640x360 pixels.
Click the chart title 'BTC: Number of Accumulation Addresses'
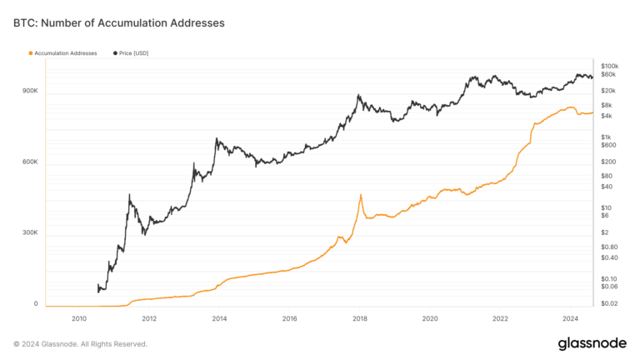(x=119, y=23)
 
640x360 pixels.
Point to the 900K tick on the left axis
(x=30, y=91)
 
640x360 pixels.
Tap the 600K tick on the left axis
(x=30, y=162)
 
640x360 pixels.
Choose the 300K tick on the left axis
(x=30, y=232)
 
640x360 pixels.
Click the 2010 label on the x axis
(x=79, y=318)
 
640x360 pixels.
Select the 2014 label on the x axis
(x=219, y=318)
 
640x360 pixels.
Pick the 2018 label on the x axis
(x=360, y=318)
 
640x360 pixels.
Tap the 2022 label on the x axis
(x=500, y=318)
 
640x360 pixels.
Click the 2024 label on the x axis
(x=571, y=318)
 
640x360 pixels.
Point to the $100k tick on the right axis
(x=609, y=65)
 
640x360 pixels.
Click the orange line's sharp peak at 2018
(x=360, y=195)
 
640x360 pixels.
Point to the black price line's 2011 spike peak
(x=129, y=195)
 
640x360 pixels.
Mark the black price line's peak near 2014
(x=217, y=139)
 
